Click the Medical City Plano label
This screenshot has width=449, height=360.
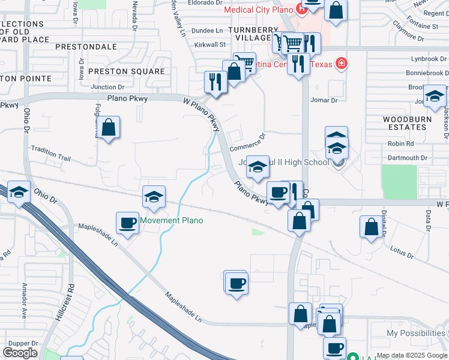click(x=256, y=10)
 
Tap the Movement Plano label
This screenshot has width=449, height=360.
click(x=172, y=220)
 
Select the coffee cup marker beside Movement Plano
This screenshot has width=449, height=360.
click(x=128, y=224)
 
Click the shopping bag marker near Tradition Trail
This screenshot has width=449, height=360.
click(x=109, y=128)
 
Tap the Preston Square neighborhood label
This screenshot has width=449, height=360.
click(x=126, y=71)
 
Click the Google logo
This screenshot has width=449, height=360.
click(x=20, y=352)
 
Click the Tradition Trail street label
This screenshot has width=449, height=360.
click(x=51, y=154)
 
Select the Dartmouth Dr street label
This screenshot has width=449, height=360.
click(x=407, y=158)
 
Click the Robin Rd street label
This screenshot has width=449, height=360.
click(x=401, y=143)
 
